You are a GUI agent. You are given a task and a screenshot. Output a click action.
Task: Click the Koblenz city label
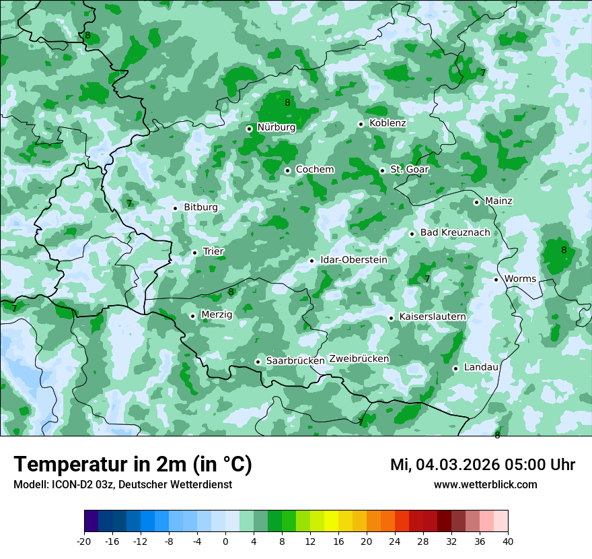[x=387, y=123]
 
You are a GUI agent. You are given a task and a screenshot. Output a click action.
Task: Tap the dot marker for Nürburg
[x=249, y=129]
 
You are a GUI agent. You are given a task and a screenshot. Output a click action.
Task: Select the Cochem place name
[x=315, y=170]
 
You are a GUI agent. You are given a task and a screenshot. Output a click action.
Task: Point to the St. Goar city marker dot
[x=382, y=170]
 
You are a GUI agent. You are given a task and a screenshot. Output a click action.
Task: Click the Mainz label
[x=498, y=201]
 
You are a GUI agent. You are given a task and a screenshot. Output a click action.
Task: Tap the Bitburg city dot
[x=175, y=208]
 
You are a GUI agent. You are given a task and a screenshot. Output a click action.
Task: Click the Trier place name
[x=213, y=251]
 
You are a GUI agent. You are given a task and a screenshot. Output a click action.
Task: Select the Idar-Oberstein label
[x=354, y=259]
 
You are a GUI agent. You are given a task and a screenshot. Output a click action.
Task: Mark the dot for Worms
[x=496, y=279]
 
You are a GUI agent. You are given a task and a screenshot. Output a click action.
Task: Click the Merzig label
[x=217, y=315]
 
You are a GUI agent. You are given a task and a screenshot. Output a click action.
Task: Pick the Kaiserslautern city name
[x=433, y=317]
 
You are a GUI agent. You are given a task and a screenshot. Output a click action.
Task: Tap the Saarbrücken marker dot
[x=258, y=362]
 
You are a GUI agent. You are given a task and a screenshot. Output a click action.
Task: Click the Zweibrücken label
[x=359, y=359]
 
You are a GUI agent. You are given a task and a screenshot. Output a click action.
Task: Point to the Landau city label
[x=481, y=367]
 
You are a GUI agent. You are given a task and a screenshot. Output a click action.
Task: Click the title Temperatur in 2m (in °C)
[x=133, y=465]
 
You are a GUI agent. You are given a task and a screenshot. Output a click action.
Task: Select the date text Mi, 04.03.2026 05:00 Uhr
[x=482, y=465]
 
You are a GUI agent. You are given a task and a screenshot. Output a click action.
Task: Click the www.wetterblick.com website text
[x=485, y=485]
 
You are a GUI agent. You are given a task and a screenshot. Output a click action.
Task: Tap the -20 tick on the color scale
[x=84, y=541]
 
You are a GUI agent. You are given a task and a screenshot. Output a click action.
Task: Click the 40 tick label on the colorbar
[x=508, y=541]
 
